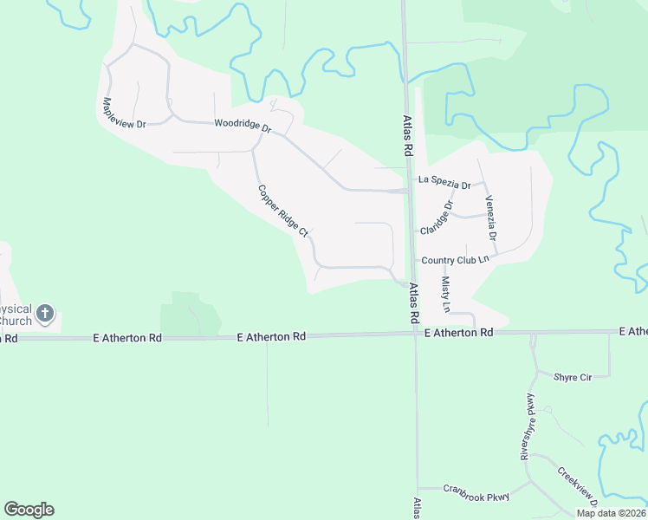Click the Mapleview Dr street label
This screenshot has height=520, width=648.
click(124, 111)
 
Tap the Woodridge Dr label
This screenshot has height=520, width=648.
click(243, 126)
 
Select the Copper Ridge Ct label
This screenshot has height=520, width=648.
click(282, 211)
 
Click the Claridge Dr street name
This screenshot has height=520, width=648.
click(437, 218)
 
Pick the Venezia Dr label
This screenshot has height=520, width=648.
click(491, 218)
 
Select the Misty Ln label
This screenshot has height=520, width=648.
click(446, 295)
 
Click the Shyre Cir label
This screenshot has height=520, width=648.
click(573, 377)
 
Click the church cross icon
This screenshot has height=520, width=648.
click(46, 314)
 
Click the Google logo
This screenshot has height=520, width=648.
click(29, 510)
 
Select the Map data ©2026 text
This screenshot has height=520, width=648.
click(610, 513)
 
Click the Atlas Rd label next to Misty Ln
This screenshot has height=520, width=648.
click(414, 301)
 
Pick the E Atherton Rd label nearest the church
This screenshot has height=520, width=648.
click(128, 337)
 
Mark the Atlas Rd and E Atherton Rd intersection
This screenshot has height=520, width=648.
click(414, 334)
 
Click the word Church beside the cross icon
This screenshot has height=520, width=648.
click(15, 322)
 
